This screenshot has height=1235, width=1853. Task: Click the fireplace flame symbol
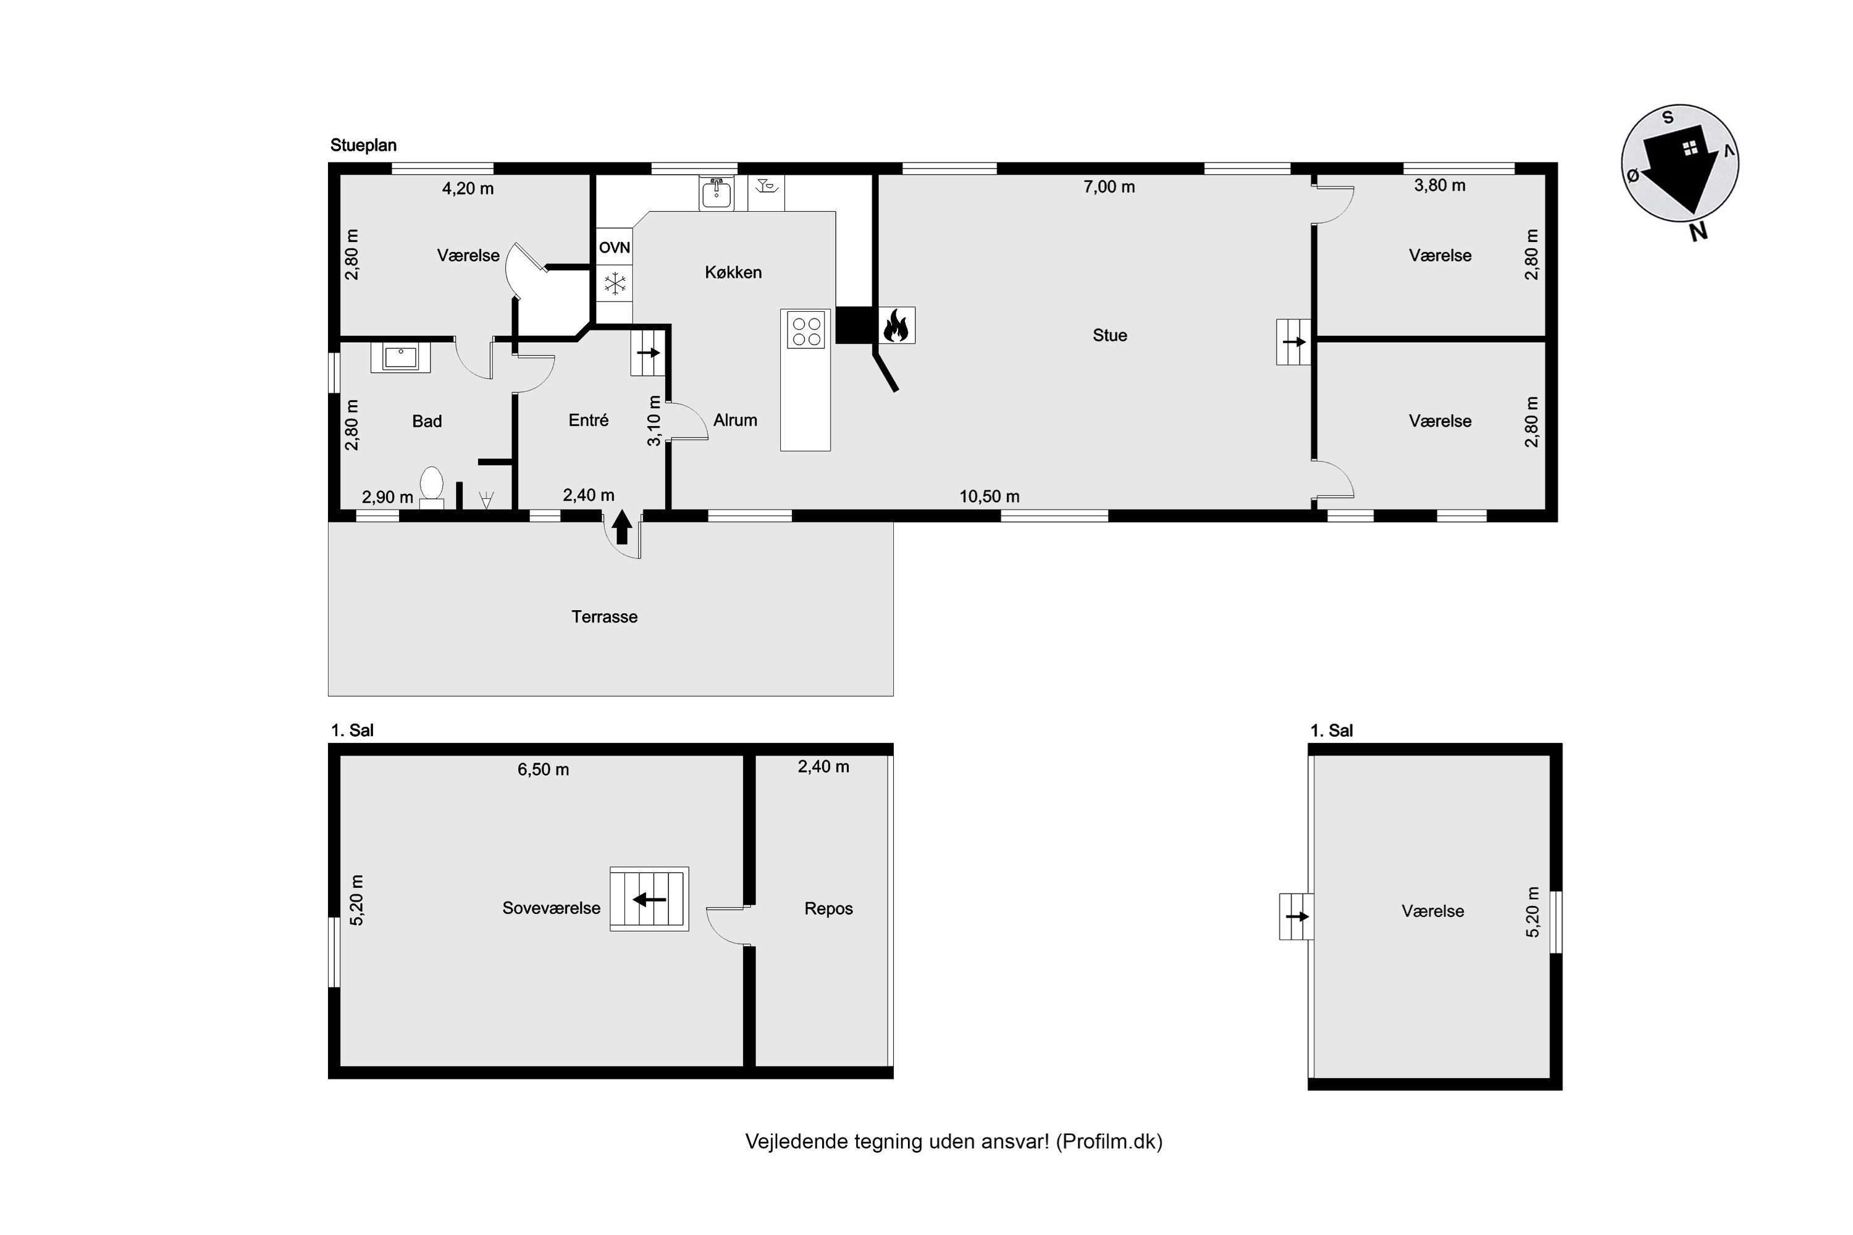coord(897,325)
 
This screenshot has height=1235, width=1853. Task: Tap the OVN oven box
coord(615,248)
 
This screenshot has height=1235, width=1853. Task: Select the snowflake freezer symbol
coord(615,283)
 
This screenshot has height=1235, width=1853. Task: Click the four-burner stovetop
coord(805,329)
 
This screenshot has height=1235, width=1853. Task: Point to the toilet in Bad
coord(431,488)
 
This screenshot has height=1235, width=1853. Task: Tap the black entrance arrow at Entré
coord(621,527)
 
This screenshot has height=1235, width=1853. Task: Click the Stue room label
coord(1109,335)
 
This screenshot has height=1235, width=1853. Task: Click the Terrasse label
coord(604,617)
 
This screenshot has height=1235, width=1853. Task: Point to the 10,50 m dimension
coord(990,496)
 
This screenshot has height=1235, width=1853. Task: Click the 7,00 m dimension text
coord(1109,186)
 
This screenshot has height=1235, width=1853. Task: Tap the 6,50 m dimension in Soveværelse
coord(543,769)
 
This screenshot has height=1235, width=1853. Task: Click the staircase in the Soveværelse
coord(649,898)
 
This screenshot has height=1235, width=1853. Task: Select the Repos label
coord(829,909)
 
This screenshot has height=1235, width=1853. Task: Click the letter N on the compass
coord(1699,232)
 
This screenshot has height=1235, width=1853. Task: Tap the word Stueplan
coord(363,146)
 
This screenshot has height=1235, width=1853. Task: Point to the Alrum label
coord(735,421)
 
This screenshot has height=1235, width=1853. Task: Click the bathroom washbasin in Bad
coord(401,357)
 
